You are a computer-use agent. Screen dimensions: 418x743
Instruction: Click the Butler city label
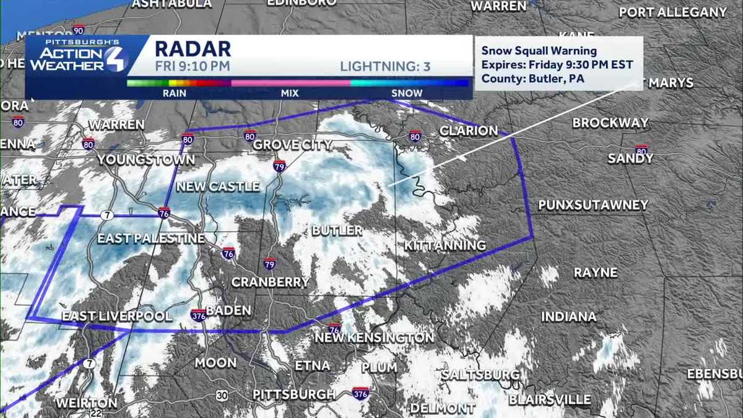[337, 230]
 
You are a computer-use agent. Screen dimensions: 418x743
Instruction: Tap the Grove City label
[293, 146]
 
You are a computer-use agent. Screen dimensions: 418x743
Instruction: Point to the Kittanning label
[445, 246]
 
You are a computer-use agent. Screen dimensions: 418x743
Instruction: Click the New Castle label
[218, 186]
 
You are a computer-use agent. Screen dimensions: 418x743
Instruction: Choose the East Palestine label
[150, 238]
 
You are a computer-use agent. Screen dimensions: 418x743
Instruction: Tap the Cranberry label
[270, 282]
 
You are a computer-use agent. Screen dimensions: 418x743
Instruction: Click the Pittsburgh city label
[294, 394]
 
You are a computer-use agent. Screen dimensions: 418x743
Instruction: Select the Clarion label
[468, 131]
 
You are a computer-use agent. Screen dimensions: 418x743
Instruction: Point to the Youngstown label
[146, 160]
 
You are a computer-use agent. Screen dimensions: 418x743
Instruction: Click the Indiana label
[568, 316]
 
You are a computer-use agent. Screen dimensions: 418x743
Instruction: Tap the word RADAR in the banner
[193, 49]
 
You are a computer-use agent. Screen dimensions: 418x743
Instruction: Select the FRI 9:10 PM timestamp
[184, 66]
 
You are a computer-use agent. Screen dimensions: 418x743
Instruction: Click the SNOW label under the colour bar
[407, 94]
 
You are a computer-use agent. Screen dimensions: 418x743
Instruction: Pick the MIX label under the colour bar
[289, 94]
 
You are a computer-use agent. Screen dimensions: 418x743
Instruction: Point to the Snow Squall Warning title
[539, 51]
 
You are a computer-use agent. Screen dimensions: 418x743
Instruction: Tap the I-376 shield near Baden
[198, 315]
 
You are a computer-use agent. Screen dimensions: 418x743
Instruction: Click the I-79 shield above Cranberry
[269, 263]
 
